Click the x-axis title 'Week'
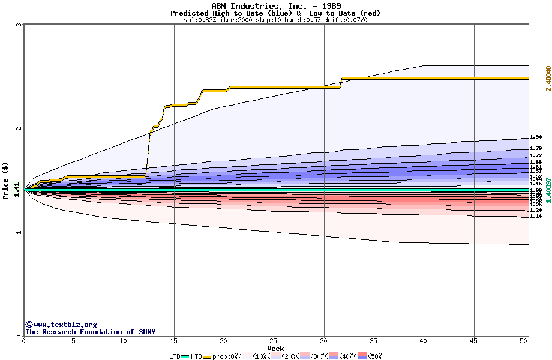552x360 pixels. (x=275, y=349)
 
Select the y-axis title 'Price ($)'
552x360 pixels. (x=6, y=180)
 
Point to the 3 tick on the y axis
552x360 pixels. (x=19, y=25)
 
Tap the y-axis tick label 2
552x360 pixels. (x=19, y=128)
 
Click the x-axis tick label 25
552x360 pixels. (x=273, y=341)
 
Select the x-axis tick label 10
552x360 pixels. (x=123, y=341)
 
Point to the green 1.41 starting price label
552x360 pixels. (x=17, y=190)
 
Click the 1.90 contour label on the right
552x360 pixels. (x=536, y=137)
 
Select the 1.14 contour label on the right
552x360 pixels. (x=536, y=216)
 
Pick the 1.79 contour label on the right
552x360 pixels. (x=536, y=148)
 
